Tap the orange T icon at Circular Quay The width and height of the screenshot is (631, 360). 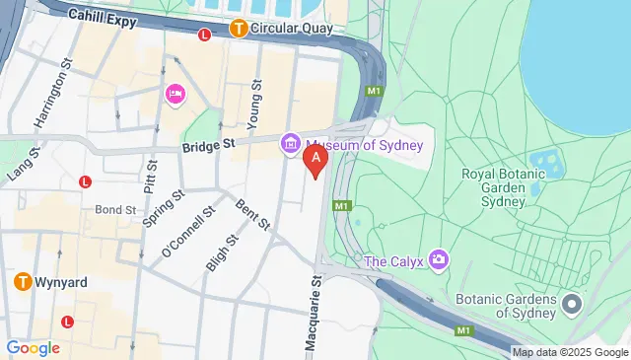[x=238, y=29]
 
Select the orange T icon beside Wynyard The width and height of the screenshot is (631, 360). [x=22, y=281]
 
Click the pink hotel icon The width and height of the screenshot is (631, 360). [x=175, y=94]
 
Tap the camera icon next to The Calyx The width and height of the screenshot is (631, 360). [x=439, y=260]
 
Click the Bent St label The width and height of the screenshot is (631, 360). [x=252, y=215]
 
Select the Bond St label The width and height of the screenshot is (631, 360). [x=115, y=210]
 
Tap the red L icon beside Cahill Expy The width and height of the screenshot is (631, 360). [x=205, y=35]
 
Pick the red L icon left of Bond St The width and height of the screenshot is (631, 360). [x=86, y=181]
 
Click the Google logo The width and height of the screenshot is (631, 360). [x=33, y=347]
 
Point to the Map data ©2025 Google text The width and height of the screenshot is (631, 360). [x=571, y=352]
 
